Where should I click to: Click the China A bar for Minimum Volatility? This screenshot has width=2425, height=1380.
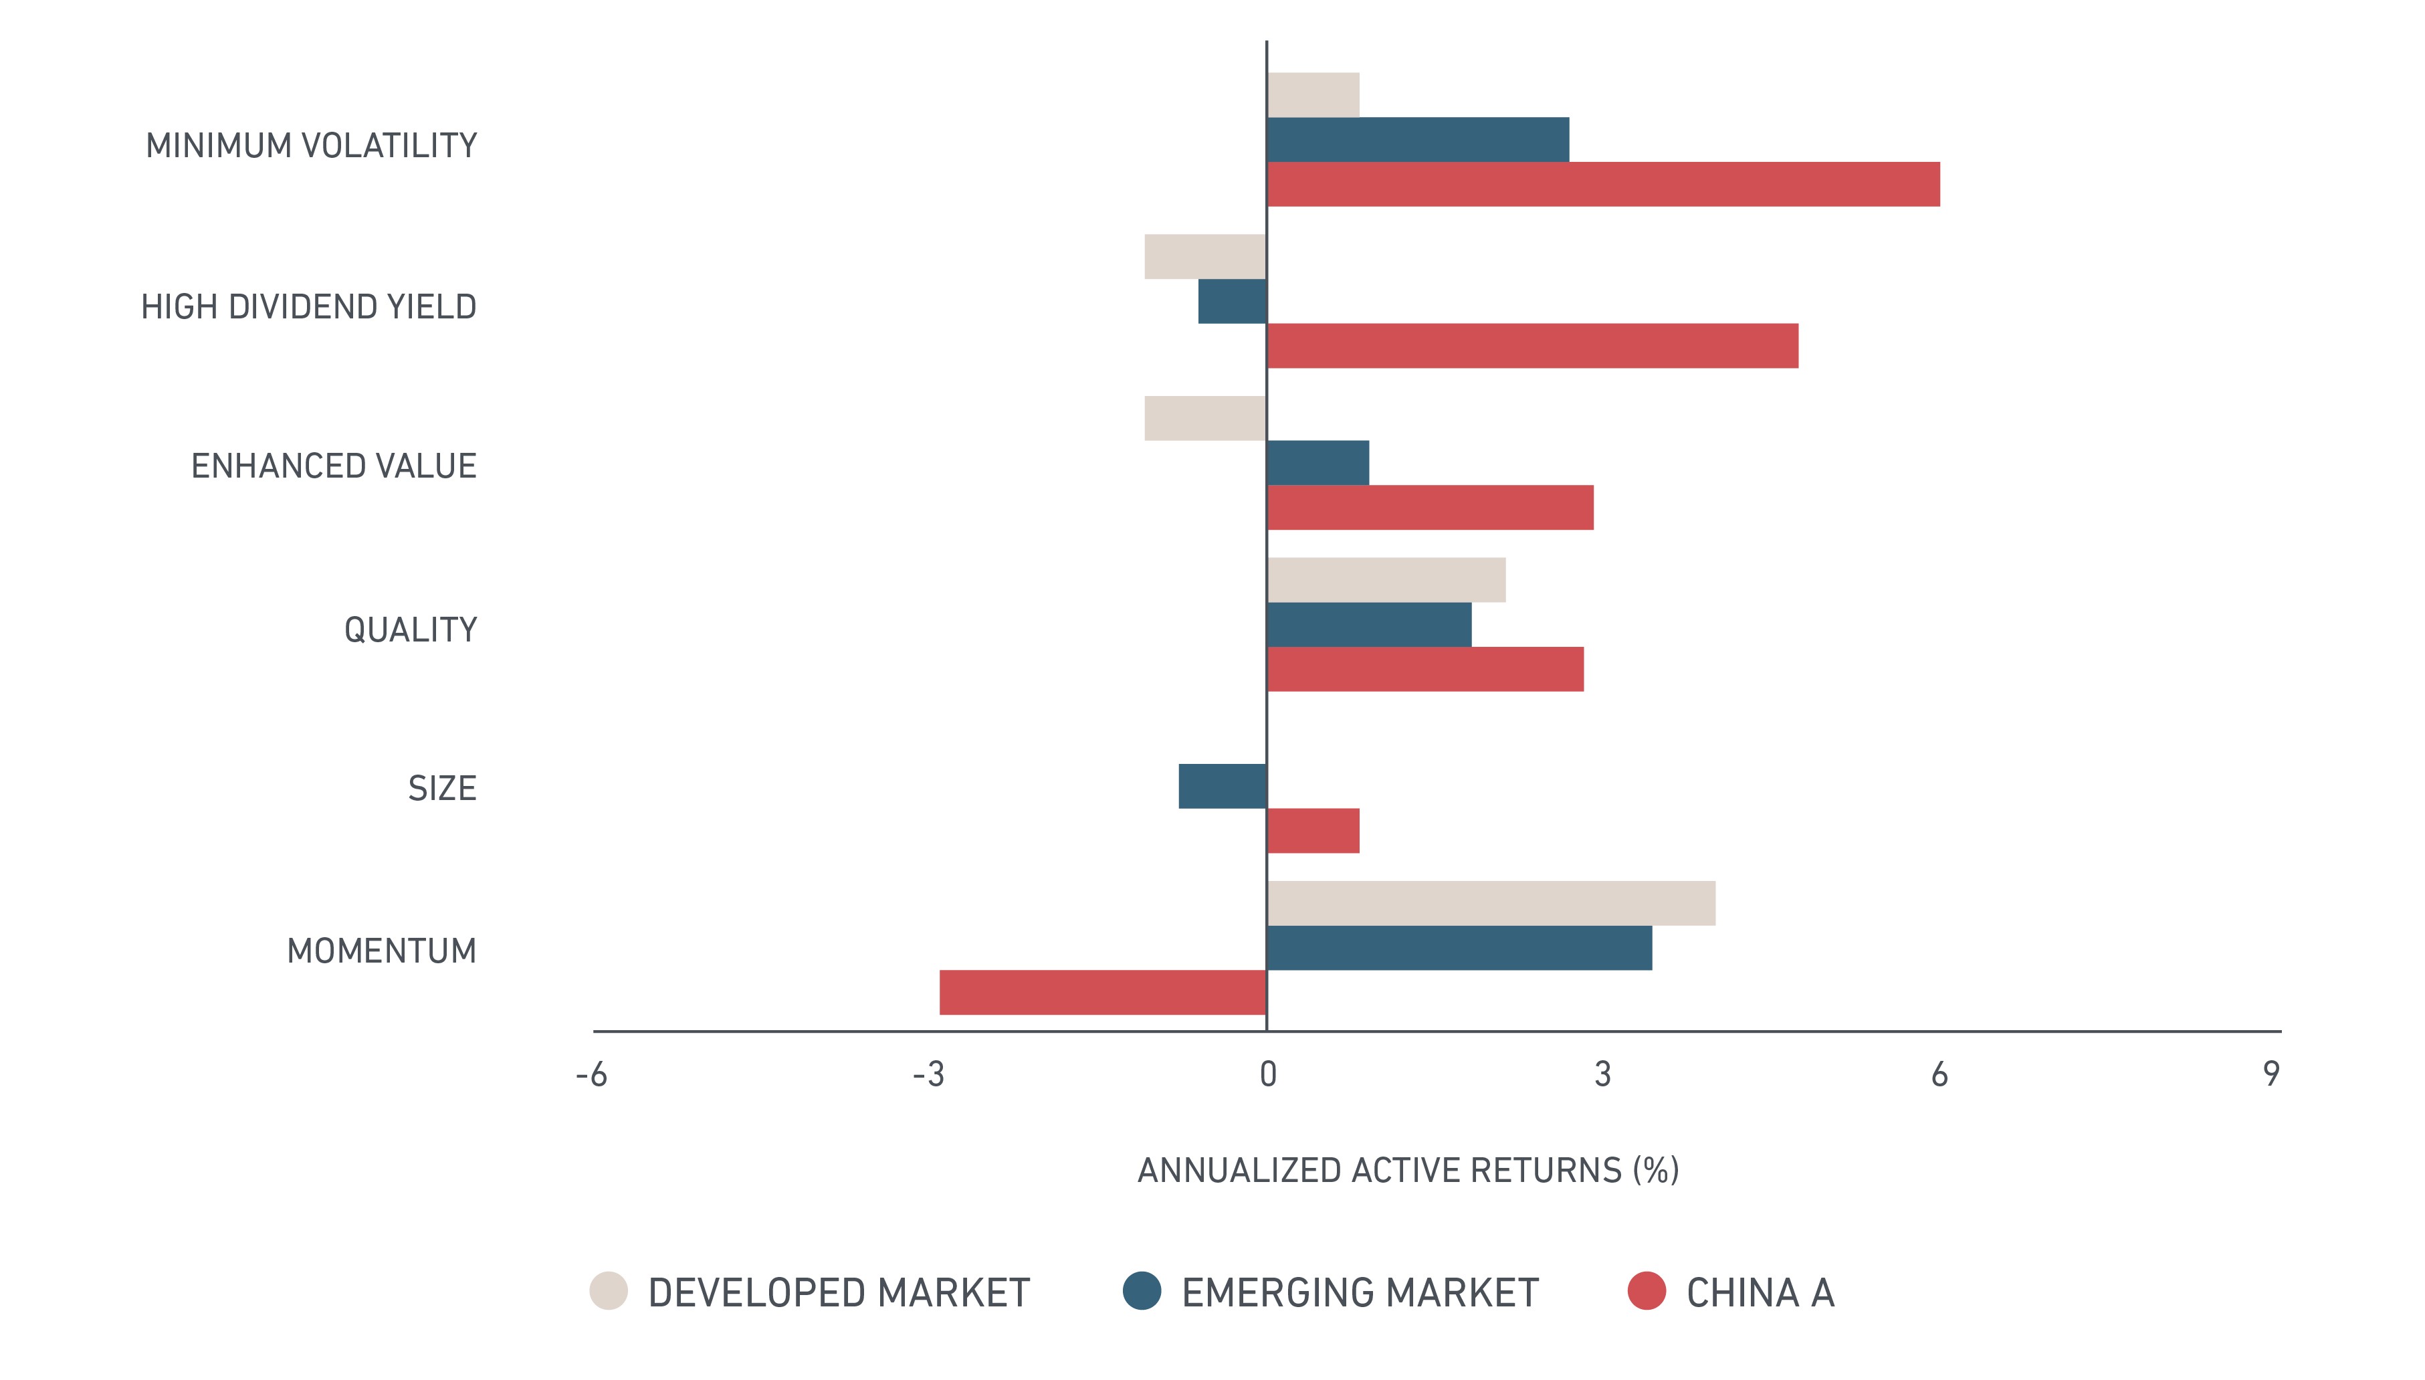pyautogui.click(x=1603, y=184)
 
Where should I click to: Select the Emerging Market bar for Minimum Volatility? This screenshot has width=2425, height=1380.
pyautogui.click(x=1418, y=139)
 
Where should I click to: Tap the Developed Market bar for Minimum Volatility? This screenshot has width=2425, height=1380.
pyautogui.click(x=1313, y=95)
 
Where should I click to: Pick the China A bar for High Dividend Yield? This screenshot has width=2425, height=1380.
pyautogui.click(x=1532, y=346)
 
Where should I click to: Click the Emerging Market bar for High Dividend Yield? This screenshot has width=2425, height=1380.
pyautogui.click(x=1232, y=302)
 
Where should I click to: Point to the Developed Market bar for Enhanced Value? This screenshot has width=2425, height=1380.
pyautogui.click(x=1205, y=418)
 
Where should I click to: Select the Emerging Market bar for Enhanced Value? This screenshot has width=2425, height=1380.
pyautogui.click(x=1318, y=462)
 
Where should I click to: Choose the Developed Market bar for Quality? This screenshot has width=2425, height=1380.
pyautogui.click(x=1386, y=580)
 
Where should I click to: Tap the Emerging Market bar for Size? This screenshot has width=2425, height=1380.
pyautogui.click(x=1223, y=787)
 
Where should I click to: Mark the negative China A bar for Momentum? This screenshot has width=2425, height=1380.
pyautogui.click(x=1103, y=992)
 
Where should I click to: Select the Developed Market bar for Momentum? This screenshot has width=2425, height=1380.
pyautogui.click(x=1491, y=903)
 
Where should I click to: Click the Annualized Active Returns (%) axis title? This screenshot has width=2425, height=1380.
pyautogui.click(x=1408, y=1171)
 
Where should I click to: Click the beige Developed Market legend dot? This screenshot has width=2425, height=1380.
pyautogui.click(x=609, y=1291)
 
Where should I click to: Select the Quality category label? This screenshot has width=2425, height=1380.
pyautogui.click(x=411, y=630)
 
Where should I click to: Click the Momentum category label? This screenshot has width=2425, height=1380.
pyautogui.click(x=382, y=951)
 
